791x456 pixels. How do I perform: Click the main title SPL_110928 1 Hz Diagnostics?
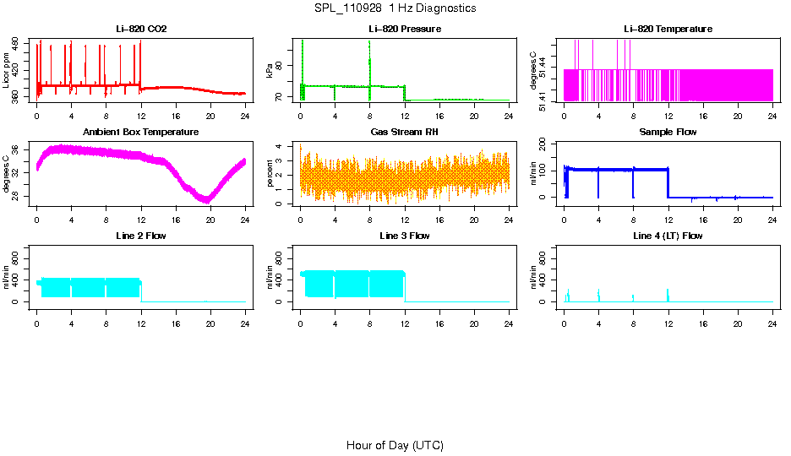[x=394, y=8]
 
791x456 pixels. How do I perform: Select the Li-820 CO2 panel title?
[x=141, y=30]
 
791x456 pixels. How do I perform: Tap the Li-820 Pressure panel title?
[x=405, y=30]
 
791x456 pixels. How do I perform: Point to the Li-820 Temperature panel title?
[x=668, y=30]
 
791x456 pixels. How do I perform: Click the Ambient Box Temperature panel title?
[x=141, y=133]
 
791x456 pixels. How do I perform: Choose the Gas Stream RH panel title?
[x=405, y=133]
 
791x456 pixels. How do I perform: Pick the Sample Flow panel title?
[x=668, y=133]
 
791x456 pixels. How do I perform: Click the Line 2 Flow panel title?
[x=141, y=236]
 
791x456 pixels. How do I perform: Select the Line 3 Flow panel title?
[x=405, y=236]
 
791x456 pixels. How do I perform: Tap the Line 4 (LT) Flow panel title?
[x=668, y=236]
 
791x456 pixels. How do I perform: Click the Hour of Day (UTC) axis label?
[x=395, y=445]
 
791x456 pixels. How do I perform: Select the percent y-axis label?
[x=270, y=174]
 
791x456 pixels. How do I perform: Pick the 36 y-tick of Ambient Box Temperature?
[x=17, y=149]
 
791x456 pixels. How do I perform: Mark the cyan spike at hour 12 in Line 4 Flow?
[x=668, y=294]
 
